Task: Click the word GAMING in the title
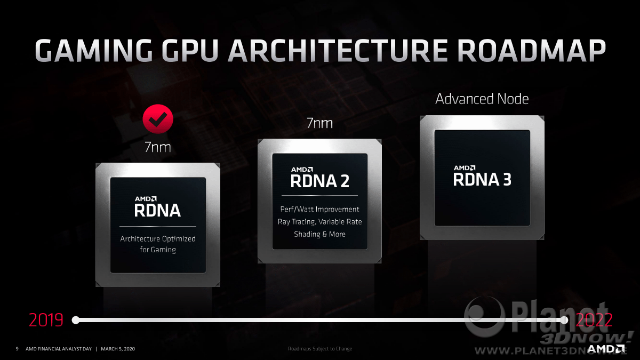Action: (x=94, y=50)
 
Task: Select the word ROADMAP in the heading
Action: (x=532, y=50)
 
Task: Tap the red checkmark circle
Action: (x=158, y=119)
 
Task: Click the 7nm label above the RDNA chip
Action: (x=158, y=147)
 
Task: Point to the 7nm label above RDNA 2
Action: (x=319, y=123)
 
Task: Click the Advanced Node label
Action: (x=482, y=99)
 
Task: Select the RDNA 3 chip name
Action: (x=482, y=179)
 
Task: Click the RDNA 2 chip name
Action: (x=319, y=181)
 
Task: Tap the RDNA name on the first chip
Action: (x=157, y=210)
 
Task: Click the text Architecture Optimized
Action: (x=158, y=238)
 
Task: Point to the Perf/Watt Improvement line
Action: (x=319, y=209)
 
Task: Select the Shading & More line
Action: (x=319, y=234)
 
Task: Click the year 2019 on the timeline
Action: (x=46, y=320)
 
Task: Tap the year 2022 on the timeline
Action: (x=594, y=320)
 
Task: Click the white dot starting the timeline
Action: (x=76, y=320)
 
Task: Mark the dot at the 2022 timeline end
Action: (x=564, y=320)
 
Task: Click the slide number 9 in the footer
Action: (x=17, y=349)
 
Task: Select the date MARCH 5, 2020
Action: (x=118, y=349)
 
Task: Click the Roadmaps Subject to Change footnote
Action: (x=320, y=349)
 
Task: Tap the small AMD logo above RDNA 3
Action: (x=465, y=168)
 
